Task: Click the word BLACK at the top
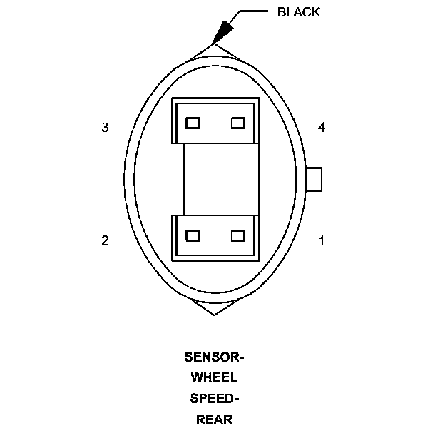coord(299,12)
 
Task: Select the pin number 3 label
coord(105,128)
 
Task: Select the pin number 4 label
coord(322,128)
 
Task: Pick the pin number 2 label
coord(105,240)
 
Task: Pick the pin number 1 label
coord(322,240)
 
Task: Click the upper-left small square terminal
coord(192,123)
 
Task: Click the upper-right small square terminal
coord(238,123)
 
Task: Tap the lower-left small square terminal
coord(192,235)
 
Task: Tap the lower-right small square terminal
coord(238,235)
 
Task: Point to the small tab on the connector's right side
coord(314,179)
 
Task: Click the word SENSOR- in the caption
coord(214,357)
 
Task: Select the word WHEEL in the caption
coord(214,377)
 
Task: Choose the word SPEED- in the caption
coord(214,398)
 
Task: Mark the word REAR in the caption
coord(214,419)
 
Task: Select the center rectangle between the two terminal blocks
coord(215,179)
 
